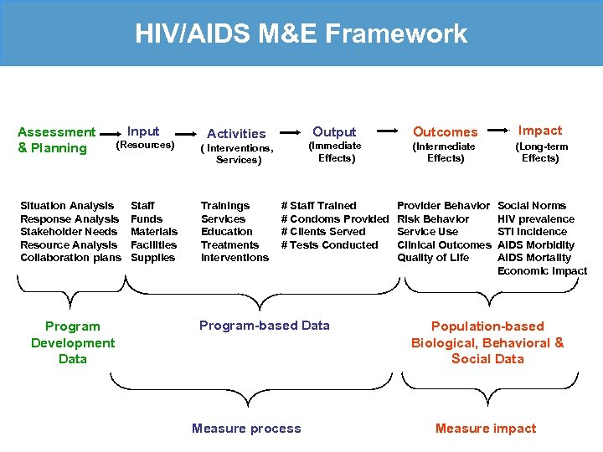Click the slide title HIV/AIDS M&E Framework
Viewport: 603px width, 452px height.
(301, 34)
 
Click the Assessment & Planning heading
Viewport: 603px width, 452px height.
(56, 140)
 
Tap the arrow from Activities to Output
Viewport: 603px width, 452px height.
(291, 131)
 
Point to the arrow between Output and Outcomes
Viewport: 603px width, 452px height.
(387, 131)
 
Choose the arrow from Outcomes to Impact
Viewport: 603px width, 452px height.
(498, 131)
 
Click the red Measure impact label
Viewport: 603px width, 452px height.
(486, 429)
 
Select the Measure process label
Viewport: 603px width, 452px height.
(246, 429)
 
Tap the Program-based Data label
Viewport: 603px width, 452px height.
(265, 326)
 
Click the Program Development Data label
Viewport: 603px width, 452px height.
(73, 342)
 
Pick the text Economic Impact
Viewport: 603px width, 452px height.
(542, 270)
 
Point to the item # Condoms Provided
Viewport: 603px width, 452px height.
(335, 218)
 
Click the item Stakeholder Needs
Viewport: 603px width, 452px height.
(69, 232)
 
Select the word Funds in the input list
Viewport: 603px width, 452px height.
(147, 218)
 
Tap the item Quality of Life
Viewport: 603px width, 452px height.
(433, 258)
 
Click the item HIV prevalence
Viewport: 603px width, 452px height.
(536, 218)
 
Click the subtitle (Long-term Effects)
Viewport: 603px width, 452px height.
(541, 152)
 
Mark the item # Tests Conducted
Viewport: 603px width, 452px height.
(330, 244)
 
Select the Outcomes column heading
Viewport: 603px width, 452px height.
(445, 132)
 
